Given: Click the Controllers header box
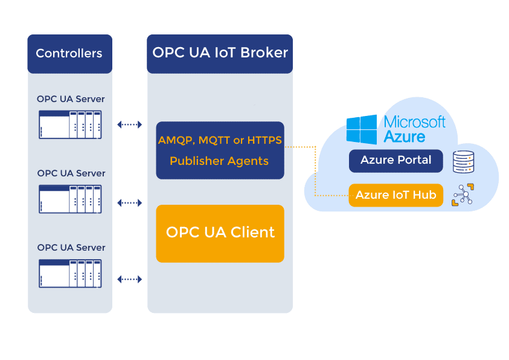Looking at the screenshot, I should pos(69,54).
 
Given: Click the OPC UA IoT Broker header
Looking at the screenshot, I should pos(220,53).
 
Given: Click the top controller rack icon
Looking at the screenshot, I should pos(70,124).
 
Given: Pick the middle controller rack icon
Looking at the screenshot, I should pos(70,199).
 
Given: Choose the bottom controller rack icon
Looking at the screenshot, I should pos(70,274).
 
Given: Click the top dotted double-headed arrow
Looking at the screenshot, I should pos(129,124).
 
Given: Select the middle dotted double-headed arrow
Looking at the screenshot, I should pos(129,203).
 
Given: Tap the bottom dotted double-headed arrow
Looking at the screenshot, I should pos(129,279).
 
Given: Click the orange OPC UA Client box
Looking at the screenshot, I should pos(220,233).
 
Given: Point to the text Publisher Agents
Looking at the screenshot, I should pos(219,161).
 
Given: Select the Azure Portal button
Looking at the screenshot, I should pos(395,161).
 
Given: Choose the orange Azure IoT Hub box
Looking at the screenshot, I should pos(395,195).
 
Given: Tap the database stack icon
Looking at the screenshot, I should pos(463,162).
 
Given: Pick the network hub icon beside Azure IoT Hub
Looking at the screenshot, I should pos(463,195).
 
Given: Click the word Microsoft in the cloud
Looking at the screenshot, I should pos(415,121).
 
